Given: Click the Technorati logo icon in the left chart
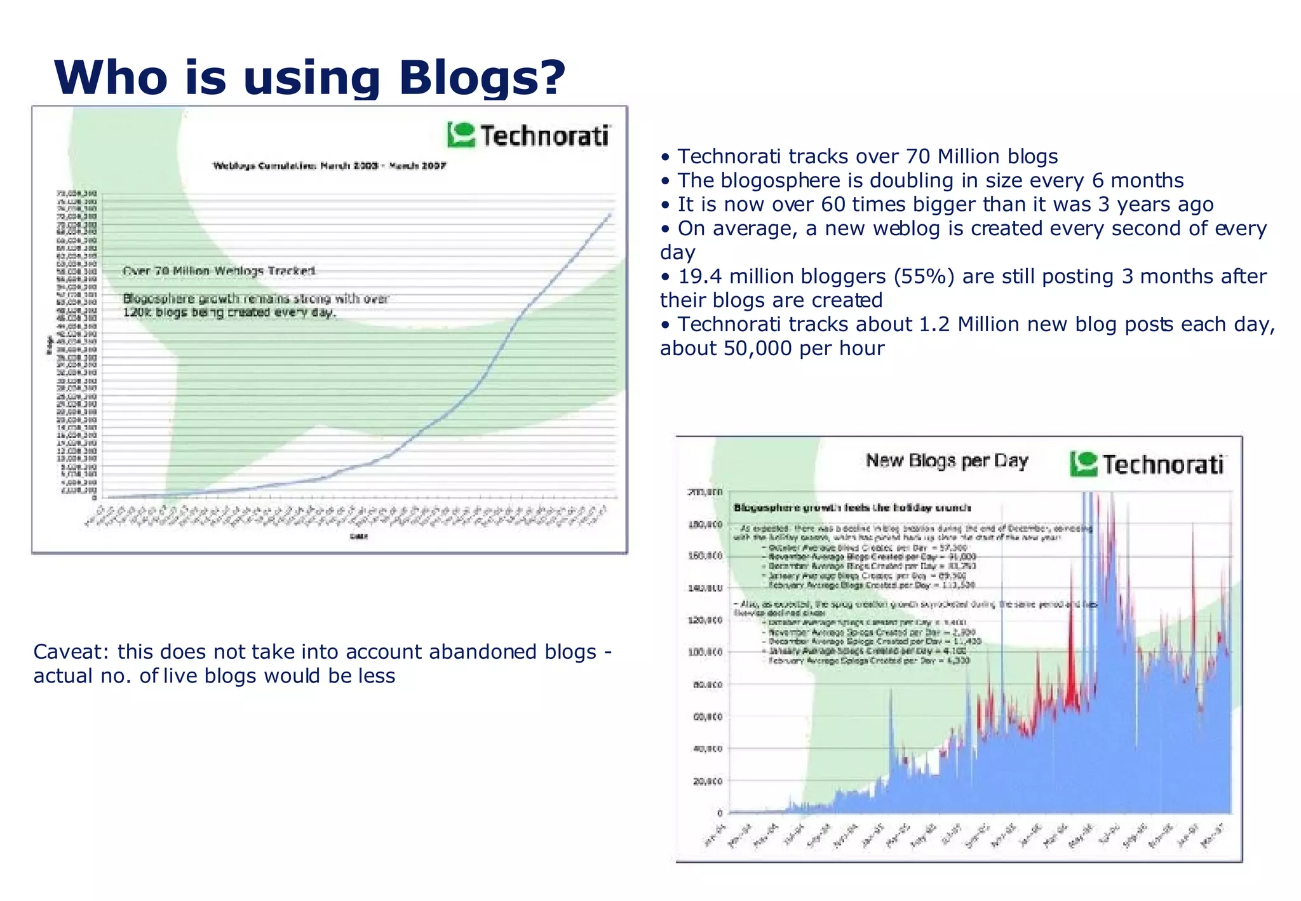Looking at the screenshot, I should pos(461,135).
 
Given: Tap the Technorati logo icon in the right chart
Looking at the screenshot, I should pos(1083,464).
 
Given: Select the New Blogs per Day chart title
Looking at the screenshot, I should pos(947,461).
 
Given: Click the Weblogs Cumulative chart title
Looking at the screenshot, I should pos(329,166).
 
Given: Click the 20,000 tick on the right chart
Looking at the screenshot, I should pos(708,781).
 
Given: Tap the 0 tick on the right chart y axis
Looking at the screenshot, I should pos(719,813).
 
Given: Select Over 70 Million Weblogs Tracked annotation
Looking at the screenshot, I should pos(219,271).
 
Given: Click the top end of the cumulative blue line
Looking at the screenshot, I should pos(610,215).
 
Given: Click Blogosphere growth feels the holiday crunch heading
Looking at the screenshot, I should pos(852,508).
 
